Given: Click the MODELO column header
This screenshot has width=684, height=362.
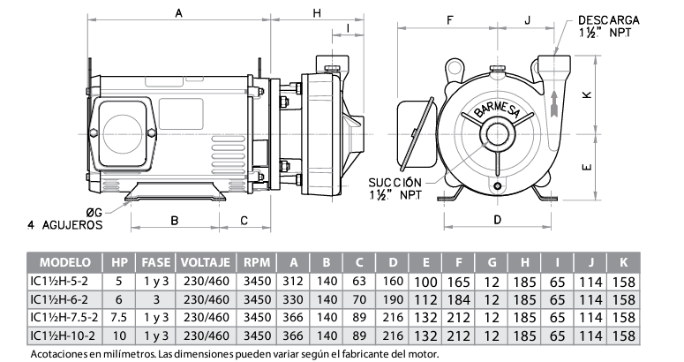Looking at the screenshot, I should (66, 263).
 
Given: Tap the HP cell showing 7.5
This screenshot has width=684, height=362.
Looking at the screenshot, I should (119, 317).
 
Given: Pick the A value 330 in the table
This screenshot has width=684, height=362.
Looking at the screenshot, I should (293, 299).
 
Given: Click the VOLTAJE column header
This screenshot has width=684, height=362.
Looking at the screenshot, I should (205, 263).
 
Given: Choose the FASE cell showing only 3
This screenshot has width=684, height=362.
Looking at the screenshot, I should (155, 299).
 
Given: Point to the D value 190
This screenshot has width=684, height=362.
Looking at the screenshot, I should (393, 299).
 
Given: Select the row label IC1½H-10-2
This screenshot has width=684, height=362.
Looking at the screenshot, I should (66, 336).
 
